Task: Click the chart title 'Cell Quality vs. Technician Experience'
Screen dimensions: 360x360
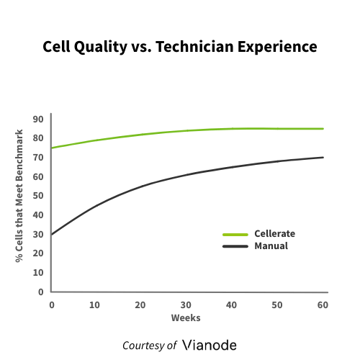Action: [x=179, y=48]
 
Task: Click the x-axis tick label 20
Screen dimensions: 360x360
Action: [x=141, y=305]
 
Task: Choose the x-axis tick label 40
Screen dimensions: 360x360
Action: [x=232, y=305]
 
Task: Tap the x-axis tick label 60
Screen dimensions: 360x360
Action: [x=323, y=305]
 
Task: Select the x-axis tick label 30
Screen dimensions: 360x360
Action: [x=186, y=305]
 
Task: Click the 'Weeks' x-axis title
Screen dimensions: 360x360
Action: [x=186, y=318]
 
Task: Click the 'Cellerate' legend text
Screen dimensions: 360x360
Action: [x=274, y=234]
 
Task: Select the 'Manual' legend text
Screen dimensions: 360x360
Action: [x=271, y=246]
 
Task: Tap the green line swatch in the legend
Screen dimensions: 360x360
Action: [x=235, y=234]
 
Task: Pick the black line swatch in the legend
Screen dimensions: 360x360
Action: [x=235, y=246]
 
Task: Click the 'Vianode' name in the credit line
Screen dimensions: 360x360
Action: [x=210, y=344]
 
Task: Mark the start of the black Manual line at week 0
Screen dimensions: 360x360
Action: [x=51, y=234]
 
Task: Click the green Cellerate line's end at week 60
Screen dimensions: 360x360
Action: [x=323, y=129]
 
